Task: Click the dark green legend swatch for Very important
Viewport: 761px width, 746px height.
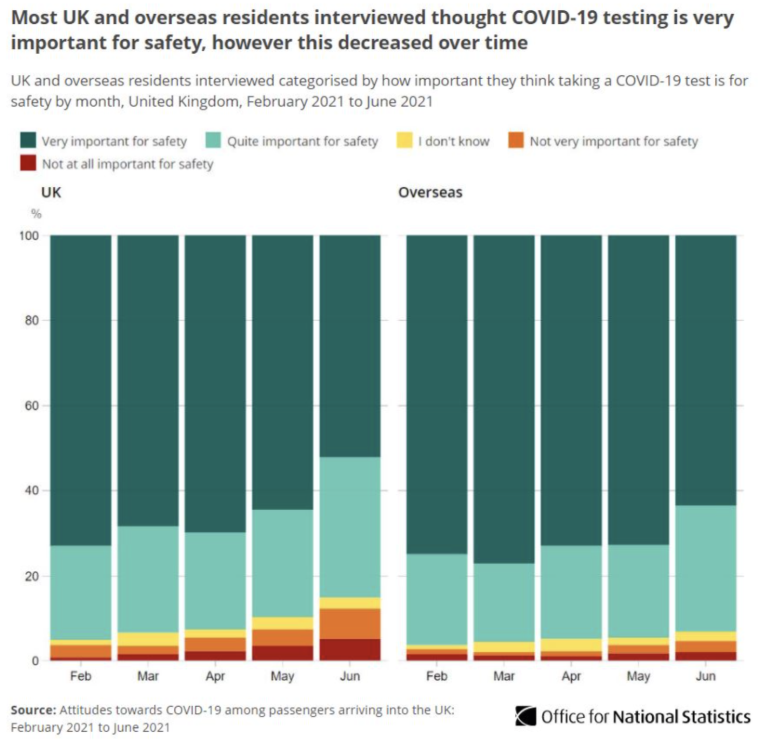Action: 28,141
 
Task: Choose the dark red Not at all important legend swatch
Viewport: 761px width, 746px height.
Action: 28,164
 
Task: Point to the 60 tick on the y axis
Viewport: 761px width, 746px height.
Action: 31,406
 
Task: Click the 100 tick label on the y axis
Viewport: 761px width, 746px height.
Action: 28,235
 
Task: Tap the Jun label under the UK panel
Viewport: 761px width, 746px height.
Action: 350,676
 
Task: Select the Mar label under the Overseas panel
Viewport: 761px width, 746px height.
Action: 503,676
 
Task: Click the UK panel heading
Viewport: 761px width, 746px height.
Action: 52,193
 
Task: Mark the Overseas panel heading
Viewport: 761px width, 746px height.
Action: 430,193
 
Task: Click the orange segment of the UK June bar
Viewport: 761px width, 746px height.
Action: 350,623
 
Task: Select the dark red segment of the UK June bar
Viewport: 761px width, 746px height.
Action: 350,649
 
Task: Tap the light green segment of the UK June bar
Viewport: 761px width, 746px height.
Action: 350,526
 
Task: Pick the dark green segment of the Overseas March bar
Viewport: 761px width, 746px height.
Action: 503,400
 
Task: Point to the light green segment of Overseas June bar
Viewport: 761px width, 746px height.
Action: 705,568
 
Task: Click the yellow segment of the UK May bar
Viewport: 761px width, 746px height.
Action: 283,623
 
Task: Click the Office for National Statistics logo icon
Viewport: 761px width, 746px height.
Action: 526,716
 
